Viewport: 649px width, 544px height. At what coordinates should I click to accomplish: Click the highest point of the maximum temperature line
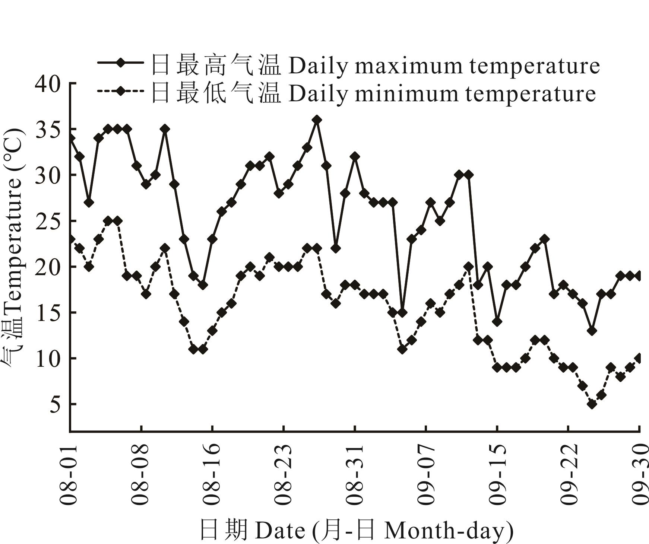[x=317, y=120]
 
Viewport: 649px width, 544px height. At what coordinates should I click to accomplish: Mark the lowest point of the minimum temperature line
[x=592, y=404]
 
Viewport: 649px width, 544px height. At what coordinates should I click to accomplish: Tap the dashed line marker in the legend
[x=120, y=91]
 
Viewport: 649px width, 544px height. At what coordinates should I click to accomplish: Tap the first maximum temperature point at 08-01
[x=70, y=138]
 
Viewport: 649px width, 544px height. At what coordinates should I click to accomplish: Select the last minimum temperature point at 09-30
[x=639, y=358]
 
